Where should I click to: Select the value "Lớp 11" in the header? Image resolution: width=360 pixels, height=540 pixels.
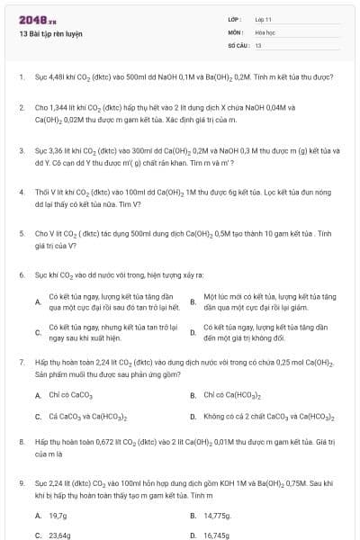coord(264,19)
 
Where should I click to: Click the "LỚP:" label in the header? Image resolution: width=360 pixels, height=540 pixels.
coord(235,19)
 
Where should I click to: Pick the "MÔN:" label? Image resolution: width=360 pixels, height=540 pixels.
coord(236,31)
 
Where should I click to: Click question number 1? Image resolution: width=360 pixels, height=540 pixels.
coord(21,76)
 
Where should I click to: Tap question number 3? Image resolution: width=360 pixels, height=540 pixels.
coord(21,150)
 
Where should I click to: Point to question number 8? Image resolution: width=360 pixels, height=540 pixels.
coord(21,443)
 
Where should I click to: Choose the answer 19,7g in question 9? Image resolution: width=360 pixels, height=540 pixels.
coord(58,516)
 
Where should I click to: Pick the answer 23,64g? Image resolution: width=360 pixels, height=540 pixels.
coord(60,535)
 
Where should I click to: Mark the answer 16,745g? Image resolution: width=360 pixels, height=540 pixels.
coord(218,535)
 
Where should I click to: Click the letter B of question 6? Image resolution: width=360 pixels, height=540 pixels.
coord(193,301)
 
